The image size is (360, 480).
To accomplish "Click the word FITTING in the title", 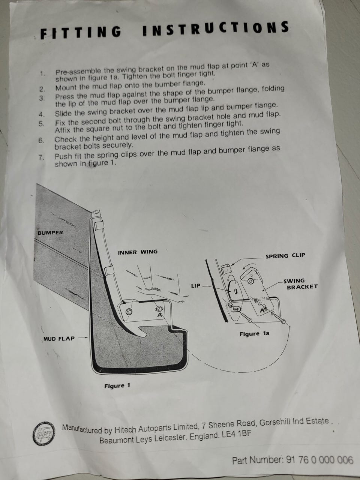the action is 81,33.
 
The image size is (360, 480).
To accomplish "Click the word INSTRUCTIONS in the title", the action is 216,28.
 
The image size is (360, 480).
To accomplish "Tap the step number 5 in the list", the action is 42,124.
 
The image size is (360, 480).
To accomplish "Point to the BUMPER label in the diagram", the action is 50,232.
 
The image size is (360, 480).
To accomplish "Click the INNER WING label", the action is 138,252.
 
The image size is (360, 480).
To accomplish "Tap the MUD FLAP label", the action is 59,339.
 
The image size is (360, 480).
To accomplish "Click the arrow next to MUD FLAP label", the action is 83,338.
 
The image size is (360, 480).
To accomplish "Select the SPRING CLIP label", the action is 285,256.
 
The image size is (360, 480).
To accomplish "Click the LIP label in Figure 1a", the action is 196,286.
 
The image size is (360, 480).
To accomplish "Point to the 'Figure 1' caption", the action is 117,385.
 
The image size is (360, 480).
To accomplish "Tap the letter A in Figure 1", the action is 160,315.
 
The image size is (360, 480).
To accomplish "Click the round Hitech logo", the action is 44,433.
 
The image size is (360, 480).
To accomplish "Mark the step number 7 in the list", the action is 41,157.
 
